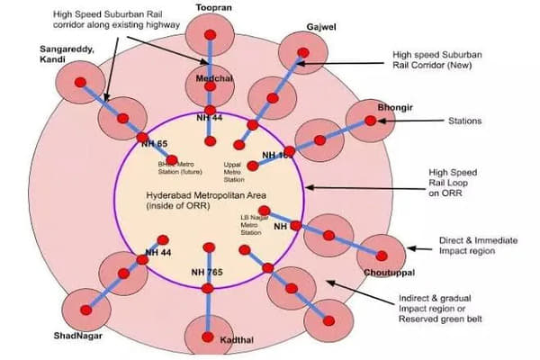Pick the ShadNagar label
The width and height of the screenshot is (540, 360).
pyautogui.click(x=76, y=336)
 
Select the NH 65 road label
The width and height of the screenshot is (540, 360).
pyautogui.click(x=155, y=143)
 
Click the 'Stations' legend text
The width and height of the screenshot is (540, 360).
pyautogui.click(x=466, y=120)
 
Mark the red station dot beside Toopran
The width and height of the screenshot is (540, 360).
pyautogui.click(x=209, y=35)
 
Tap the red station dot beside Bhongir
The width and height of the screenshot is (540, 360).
pyautogui.click(x=370, y=121)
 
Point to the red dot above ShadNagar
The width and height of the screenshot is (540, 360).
pyautogui.click(x=87, y=310)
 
